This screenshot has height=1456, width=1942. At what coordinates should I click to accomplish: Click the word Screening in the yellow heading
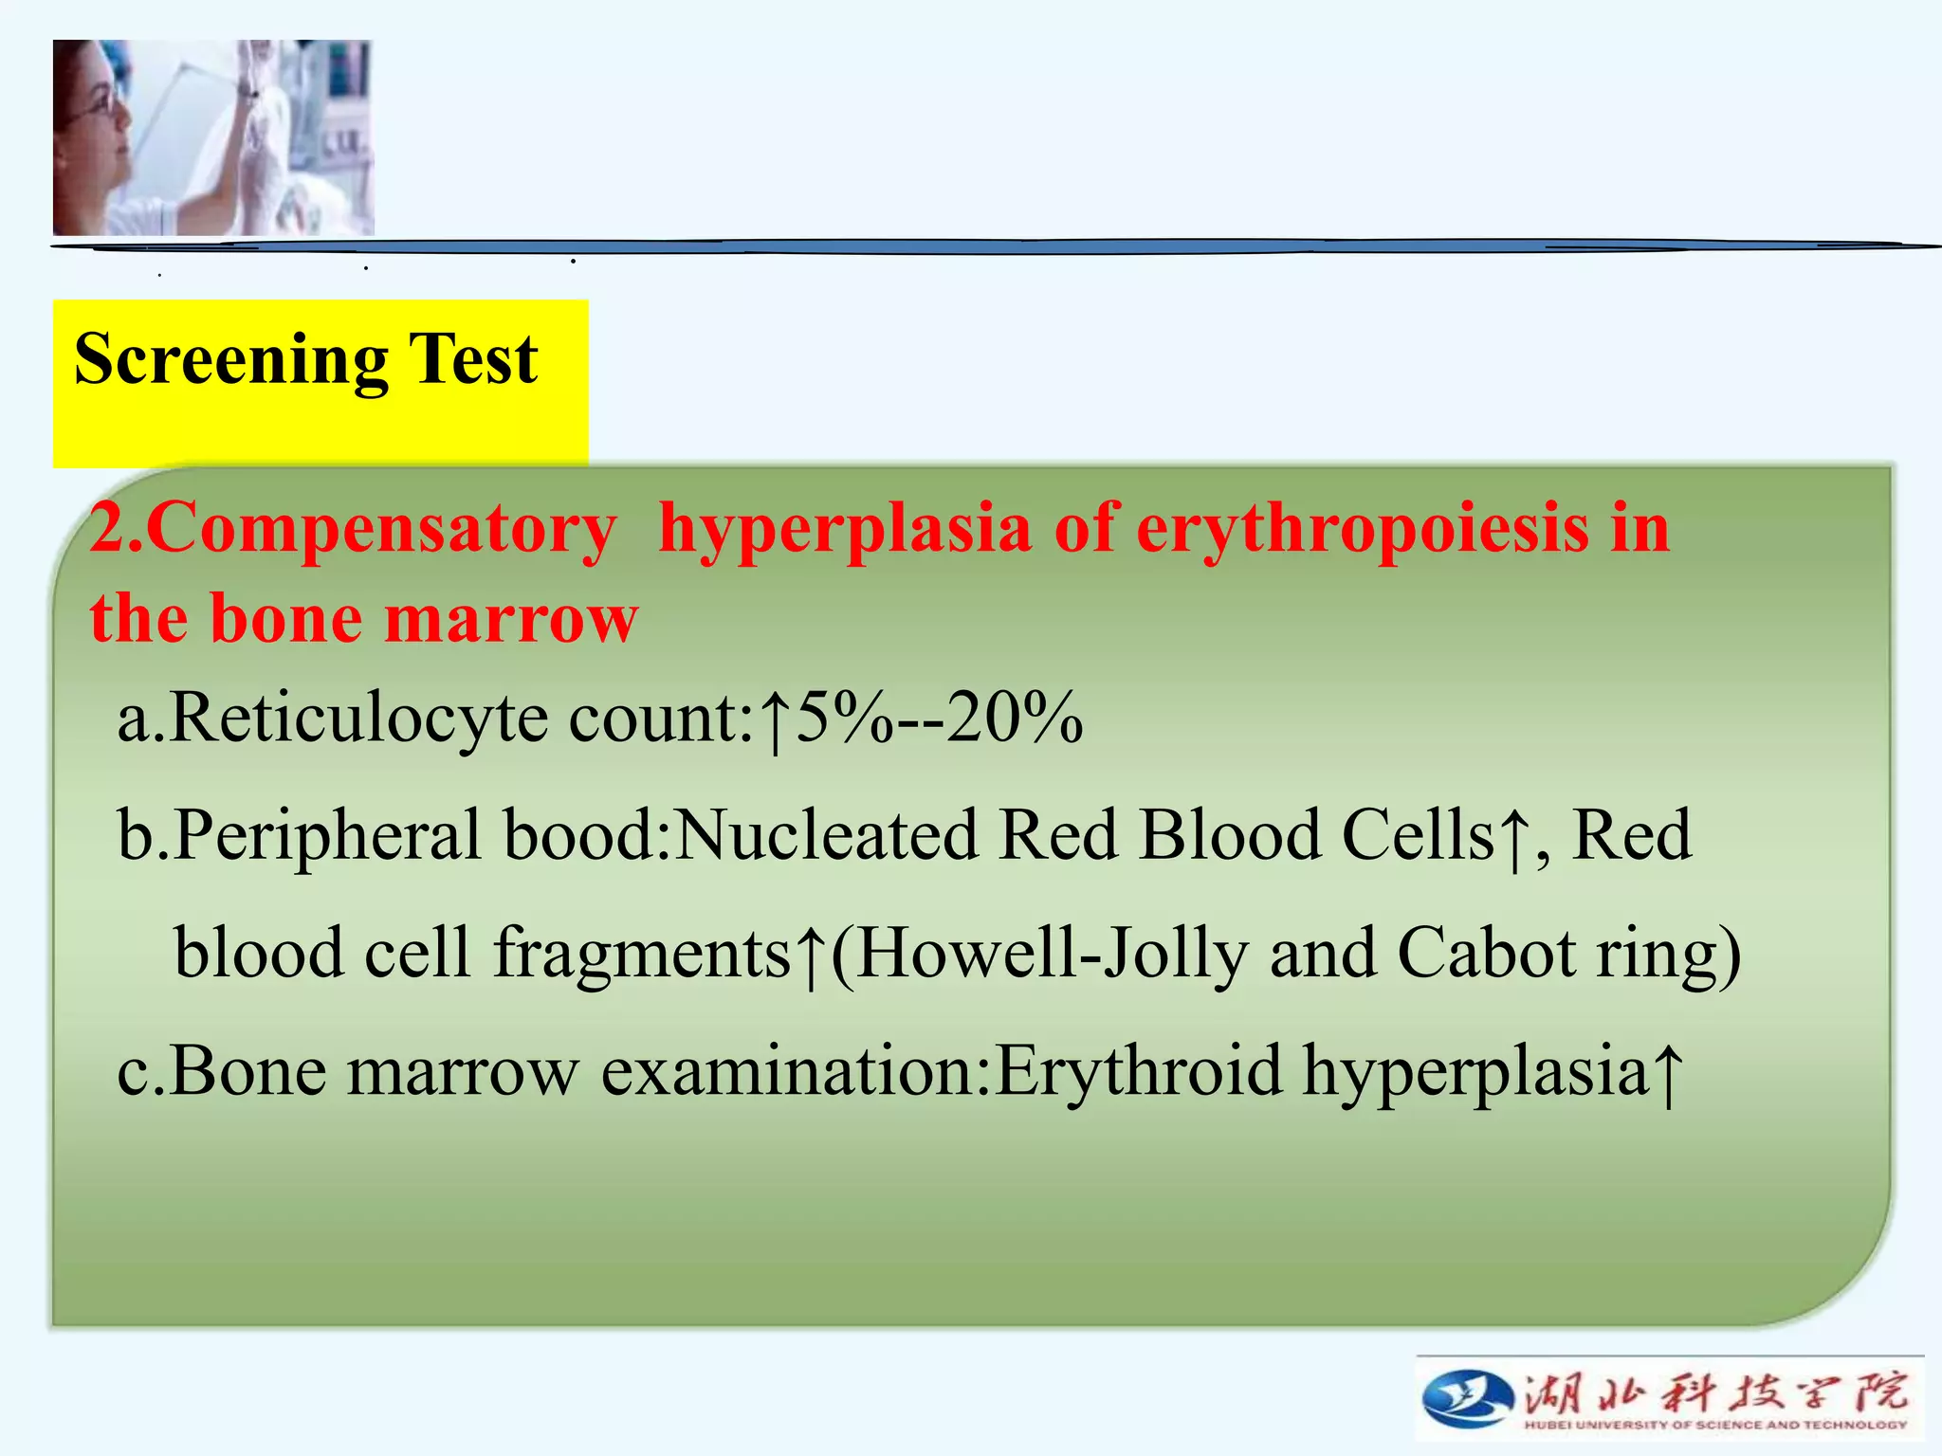pyautogui.click(x=230, y=360)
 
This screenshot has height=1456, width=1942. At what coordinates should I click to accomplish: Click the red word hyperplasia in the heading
pyautogui.click(x=844, y=529)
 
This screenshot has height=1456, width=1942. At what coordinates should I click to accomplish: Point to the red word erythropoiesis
pyautogui.click(x=1362, y=529)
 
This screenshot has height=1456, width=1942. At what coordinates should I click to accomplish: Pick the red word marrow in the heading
pyautogui.click(x=512, y=618)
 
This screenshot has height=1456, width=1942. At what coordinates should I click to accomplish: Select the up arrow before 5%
pyautogui.click(x=776, y=720)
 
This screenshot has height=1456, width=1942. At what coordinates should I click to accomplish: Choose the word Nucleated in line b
pyautogui.click(x=826, y=835)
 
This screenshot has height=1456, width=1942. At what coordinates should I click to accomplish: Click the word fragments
pyautogui.click(x=643, y=953)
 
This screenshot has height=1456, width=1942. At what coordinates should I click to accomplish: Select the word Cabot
pyautogui.click(x=1486, y=953)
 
